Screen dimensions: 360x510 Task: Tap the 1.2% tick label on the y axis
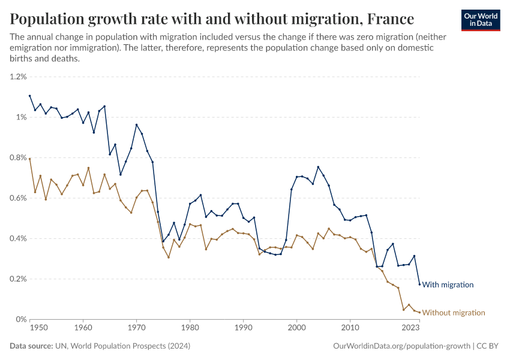(x=19, y=77)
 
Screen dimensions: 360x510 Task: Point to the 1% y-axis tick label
(x=22, y=117)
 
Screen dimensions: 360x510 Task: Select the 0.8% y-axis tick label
(x=19, y=158)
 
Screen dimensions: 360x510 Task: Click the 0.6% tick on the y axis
(x=19, y=198)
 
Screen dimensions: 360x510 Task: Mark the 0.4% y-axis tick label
(x=19, y=239)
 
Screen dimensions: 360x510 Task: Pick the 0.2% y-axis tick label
(x=19, y=279)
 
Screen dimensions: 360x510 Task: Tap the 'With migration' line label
(x=448, y=285)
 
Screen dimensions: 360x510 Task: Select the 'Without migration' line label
(x=453, y=313)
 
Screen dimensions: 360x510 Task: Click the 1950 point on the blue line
(x=30, y=95)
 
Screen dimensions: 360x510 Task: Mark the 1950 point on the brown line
(x=30, y=159)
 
